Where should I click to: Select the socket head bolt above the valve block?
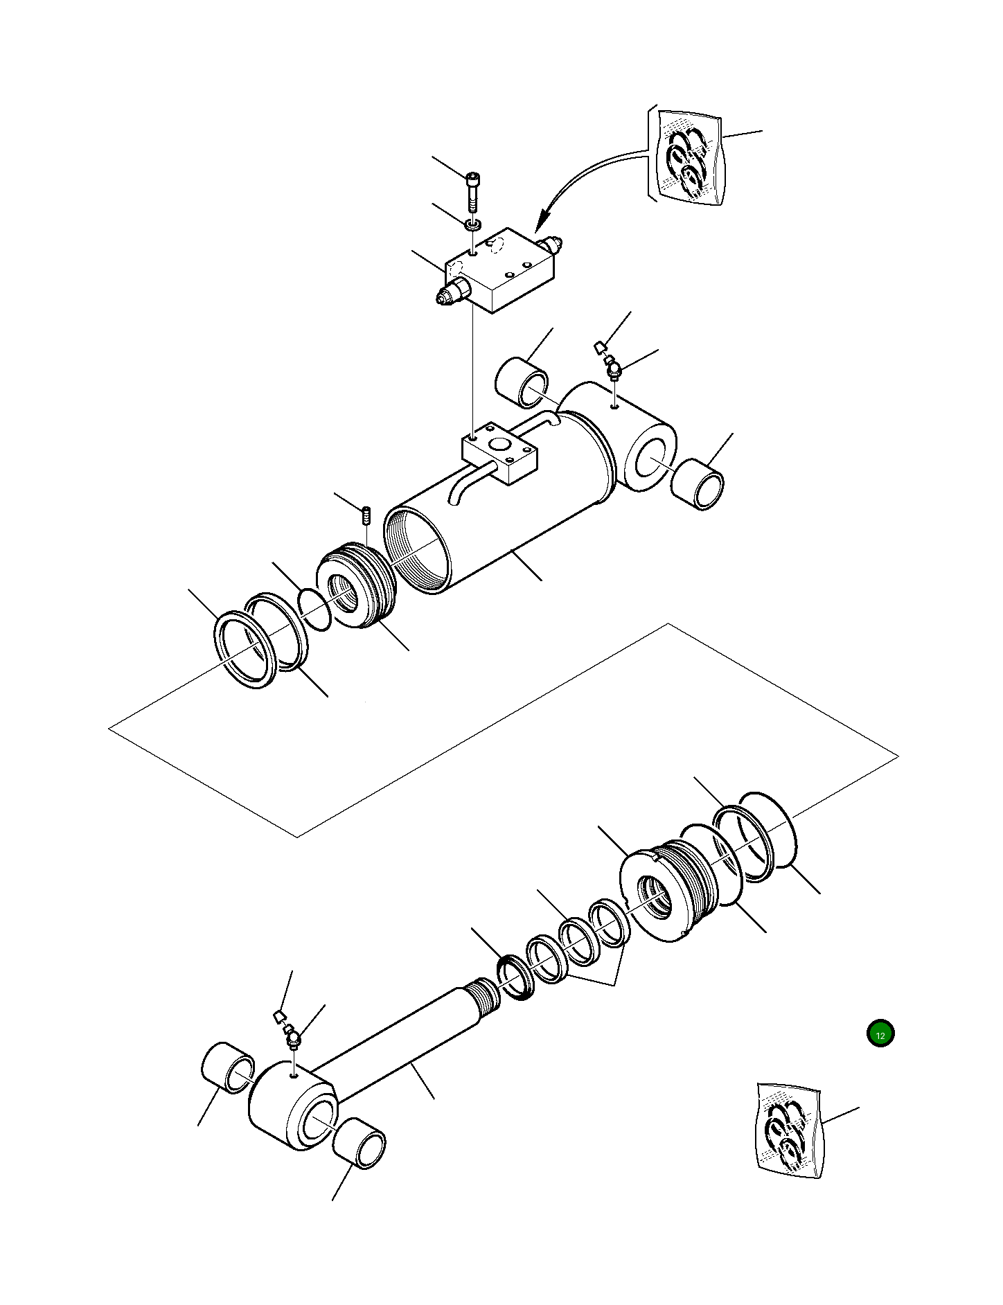(x=473, y=191)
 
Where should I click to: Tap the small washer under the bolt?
(x=473, y=224)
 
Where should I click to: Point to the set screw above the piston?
(x=366, y=516)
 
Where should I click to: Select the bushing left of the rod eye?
(x=228, y=1067)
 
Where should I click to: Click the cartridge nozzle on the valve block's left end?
(x=447, y=296)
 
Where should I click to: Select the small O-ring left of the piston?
(x=314, y=610)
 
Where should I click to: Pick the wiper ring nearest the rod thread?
(x=515, y=976)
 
